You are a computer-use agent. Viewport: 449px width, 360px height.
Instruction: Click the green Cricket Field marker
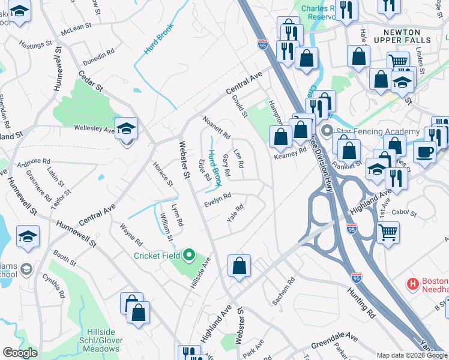click(189, 256)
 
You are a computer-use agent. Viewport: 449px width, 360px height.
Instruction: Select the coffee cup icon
click(424, 152)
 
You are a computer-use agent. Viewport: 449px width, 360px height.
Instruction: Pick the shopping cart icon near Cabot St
click(388, 232)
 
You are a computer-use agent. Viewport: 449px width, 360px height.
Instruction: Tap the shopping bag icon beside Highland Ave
click(239, 266)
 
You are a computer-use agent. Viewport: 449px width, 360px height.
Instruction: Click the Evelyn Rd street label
click(217, 198)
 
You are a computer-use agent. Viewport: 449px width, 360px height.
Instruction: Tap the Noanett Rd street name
click(217, 127)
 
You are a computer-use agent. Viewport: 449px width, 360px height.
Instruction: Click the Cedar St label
click(91, 81)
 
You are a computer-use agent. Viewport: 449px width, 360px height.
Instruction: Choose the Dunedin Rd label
click(98, 55)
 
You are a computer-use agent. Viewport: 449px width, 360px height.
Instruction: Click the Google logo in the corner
click(20, 353)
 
